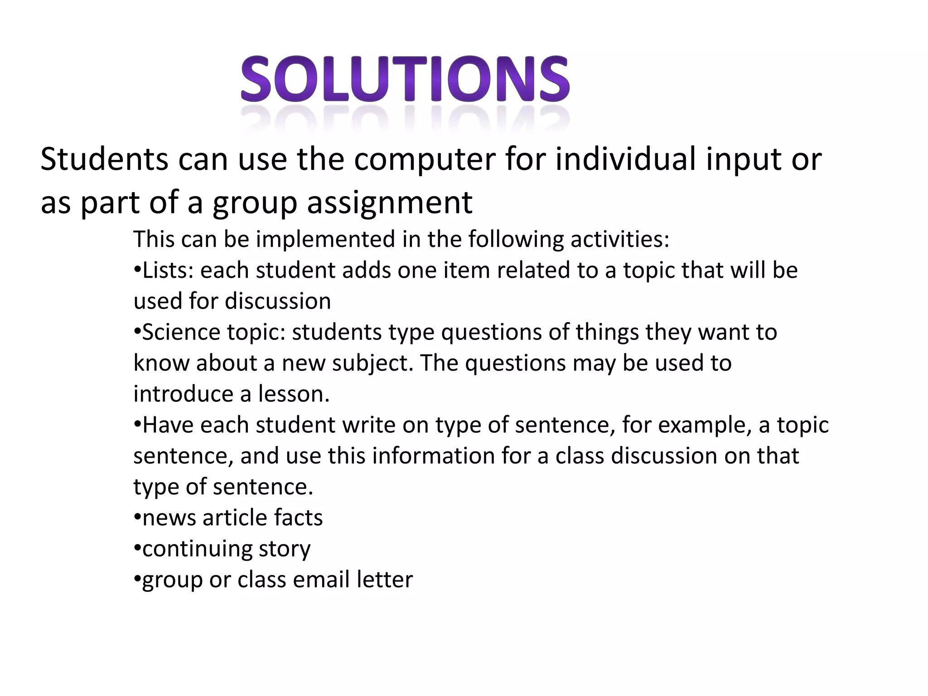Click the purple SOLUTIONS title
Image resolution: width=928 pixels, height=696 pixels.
click(405, 80)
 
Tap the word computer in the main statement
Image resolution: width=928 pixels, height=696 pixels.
click(425, 160)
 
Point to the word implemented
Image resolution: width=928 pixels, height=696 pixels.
click(325, 239)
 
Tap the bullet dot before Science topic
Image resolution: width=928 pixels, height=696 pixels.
click(137, 332)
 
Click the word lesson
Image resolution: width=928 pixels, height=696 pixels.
click(294, 394)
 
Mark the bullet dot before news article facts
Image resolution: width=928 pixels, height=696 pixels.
click(137, 517)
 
